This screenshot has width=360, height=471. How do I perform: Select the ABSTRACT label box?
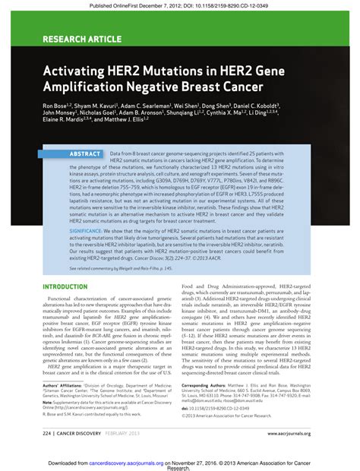pos(85,153)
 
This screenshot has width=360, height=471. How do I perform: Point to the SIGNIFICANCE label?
pos(91,227)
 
